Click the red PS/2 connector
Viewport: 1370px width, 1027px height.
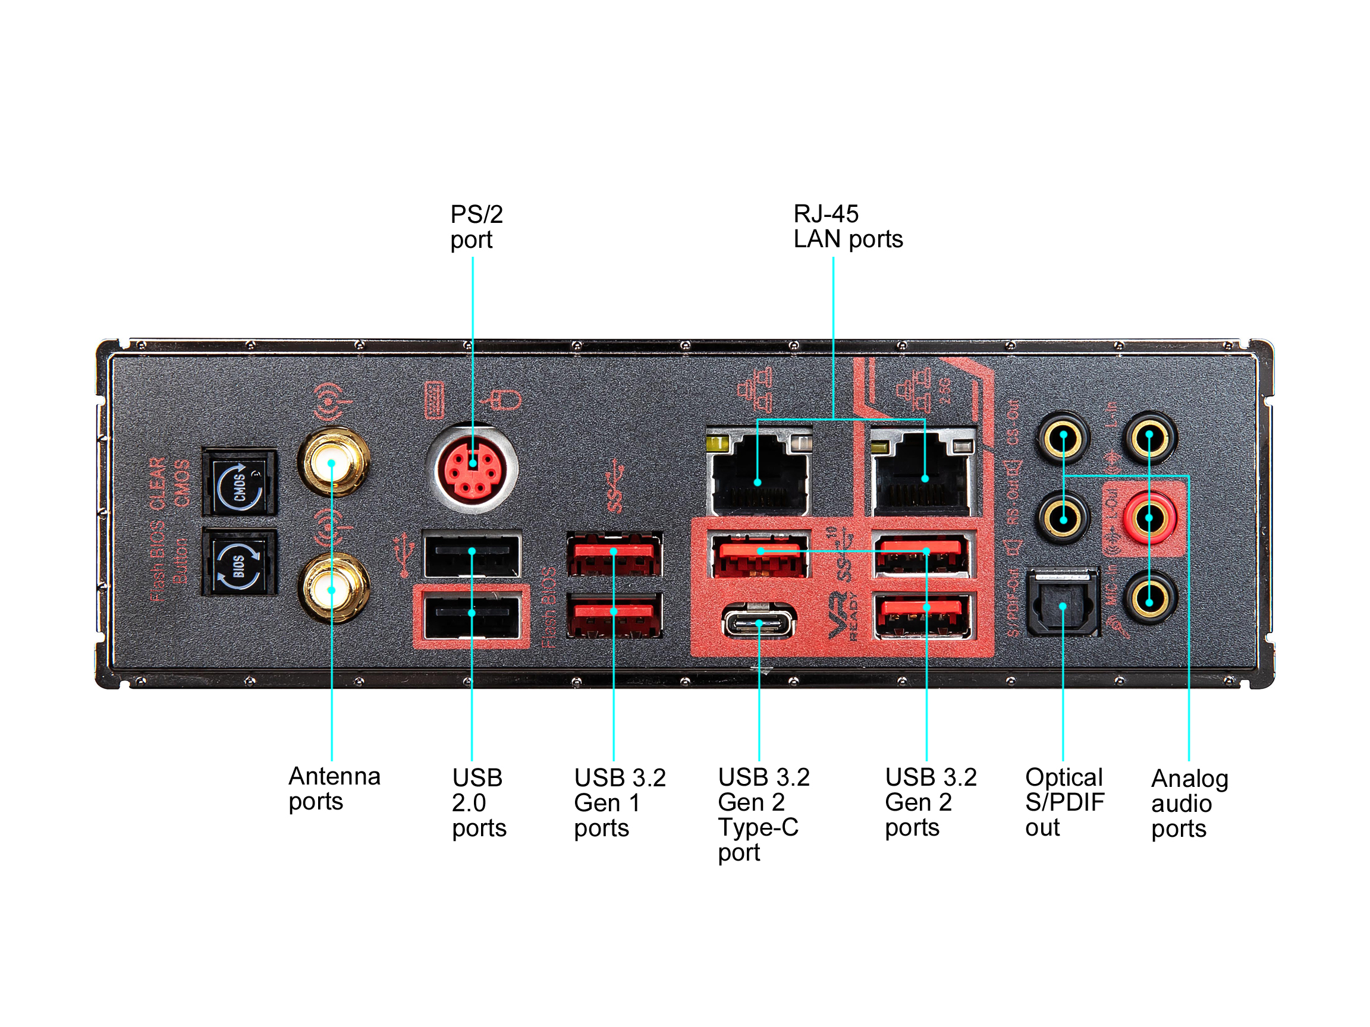[473, 468]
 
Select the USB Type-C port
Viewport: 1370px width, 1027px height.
[759, 621]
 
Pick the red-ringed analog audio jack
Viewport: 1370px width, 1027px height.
[1149, 517]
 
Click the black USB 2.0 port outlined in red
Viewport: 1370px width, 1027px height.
[472, 615]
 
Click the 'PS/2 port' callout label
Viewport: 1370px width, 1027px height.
[476, 226]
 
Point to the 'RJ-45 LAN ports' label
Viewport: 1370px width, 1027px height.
[847, 226]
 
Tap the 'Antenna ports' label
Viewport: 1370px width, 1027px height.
[334, 788]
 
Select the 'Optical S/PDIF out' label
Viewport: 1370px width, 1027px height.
[1064, 802]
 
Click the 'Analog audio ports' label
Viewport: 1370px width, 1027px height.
[1189, 803]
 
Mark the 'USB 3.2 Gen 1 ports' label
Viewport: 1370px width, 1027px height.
[620, 802]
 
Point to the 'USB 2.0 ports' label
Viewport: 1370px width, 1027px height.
[478, 802]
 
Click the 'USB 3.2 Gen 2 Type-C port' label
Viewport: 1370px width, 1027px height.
[763, 814]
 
